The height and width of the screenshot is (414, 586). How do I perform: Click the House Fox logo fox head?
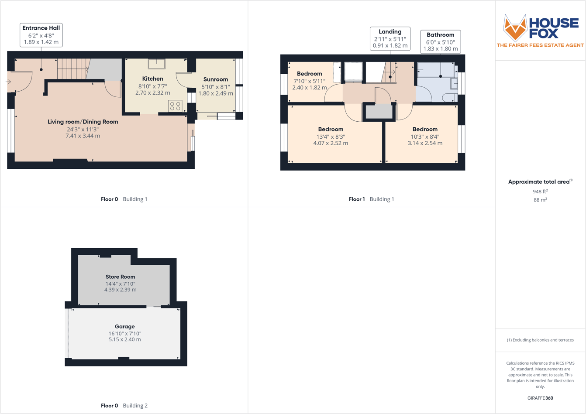point(515,27)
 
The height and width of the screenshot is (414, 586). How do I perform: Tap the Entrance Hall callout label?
point(41,35)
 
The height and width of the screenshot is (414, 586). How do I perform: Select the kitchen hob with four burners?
point(175,106)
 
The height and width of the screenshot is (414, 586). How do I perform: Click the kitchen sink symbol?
point(156,64)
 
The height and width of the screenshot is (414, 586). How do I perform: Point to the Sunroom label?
point(216,79)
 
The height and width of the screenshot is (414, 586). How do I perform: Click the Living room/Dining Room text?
point(83,122)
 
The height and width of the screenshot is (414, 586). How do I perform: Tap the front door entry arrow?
point(8,82)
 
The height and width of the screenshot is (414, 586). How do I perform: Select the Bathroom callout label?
point(440,41)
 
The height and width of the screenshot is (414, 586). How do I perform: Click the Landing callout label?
point(390,38)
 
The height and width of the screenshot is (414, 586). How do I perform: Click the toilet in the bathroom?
point(449,97)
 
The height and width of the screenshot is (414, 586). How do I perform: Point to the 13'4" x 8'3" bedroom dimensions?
point(331,137)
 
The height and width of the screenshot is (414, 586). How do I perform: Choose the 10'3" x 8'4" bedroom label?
point(425,129)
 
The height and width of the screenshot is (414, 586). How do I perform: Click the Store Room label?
point(120,277)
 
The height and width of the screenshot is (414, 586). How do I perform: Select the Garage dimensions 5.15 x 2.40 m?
point(125,339)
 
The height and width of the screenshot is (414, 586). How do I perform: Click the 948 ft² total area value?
point(540,192)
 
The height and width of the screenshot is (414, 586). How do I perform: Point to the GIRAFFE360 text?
point(540,398)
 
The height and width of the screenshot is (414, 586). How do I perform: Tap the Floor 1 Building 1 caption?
point(371,199)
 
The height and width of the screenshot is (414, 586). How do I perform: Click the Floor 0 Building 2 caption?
point(124,405)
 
